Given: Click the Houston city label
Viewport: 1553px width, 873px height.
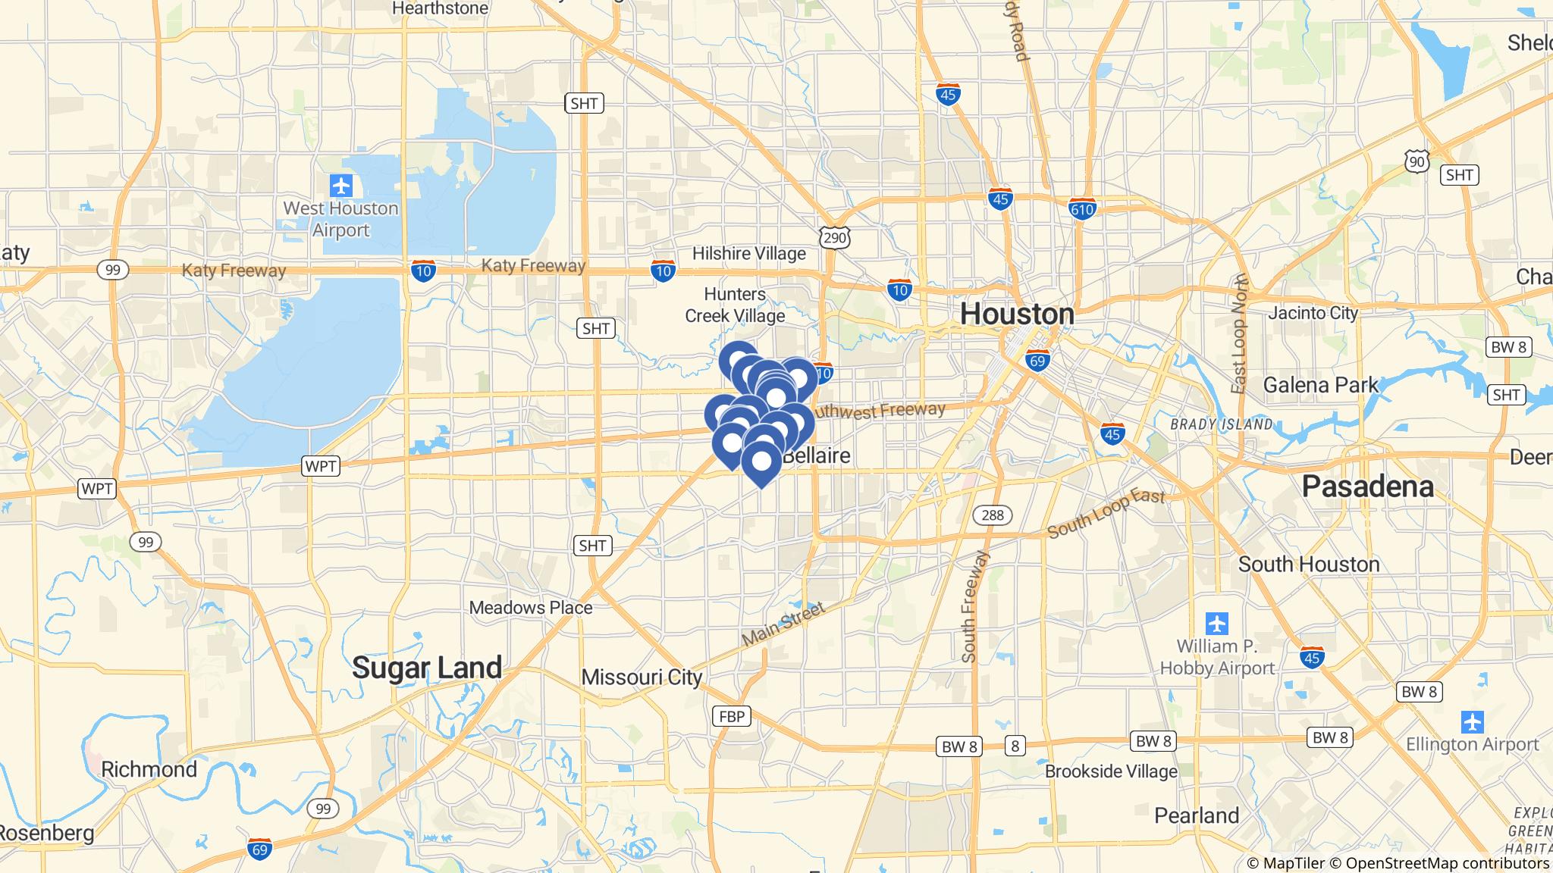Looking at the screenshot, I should coord(1017,314).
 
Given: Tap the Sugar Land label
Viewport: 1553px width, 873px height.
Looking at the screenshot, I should coord(427,668).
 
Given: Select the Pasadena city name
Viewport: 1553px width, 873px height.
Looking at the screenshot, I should coord(1367,487).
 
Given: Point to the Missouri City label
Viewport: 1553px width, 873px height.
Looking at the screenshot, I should coord(642,677).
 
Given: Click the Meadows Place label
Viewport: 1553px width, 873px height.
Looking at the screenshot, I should coord(531,607).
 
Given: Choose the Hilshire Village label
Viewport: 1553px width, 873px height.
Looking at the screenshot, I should coord(748,253).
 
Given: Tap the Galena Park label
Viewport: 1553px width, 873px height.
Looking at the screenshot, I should coord(1320,385).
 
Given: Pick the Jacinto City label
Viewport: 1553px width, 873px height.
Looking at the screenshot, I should coord(1313,313).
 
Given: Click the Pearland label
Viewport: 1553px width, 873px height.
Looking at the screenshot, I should coord(1197,815).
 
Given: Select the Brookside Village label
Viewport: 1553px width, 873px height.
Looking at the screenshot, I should coord(1111,771).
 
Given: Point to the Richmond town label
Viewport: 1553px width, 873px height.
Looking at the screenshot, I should coord(149,769).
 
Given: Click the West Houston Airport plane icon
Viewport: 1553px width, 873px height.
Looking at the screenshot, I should coord(341,185).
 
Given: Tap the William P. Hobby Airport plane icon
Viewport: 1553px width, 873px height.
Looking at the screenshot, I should coord(1217,624).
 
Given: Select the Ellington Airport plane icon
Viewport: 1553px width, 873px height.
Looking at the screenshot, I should coord(1472,721).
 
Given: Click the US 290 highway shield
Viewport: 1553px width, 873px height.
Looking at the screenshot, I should coord(835,238).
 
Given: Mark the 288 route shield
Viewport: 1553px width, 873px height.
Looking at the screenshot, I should coord(992,515).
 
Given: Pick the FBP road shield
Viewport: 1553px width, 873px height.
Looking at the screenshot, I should coord(732,715).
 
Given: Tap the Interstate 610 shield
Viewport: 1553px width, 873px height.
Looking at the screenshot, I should coord(1082,208).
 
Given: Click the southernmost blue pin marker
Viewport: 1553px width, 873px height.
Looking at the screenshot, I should coord(761,463).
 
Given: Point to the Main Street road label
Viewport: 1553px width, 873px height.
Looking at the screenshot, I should coord(783,626).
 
